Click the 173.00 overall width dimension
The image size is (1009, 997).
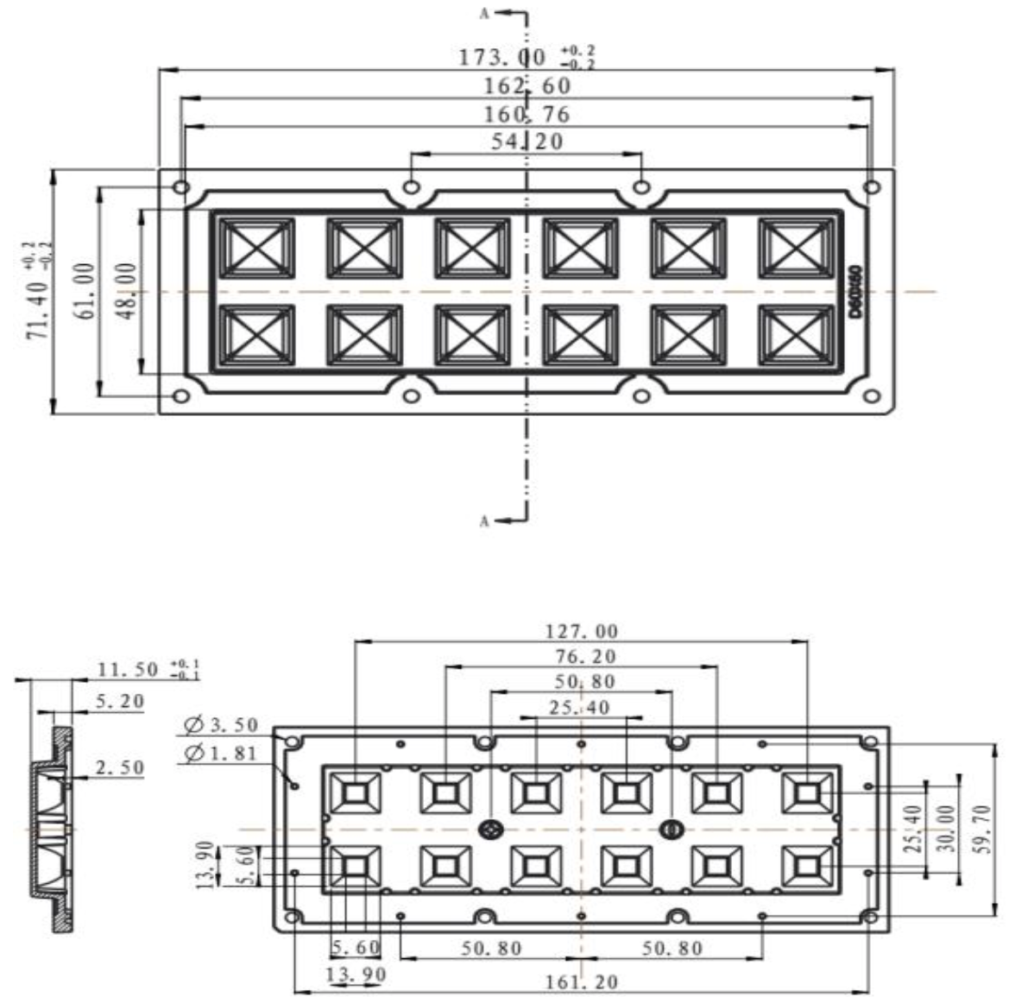point(502,57)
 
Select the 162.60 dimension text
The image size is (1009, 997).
point(527,85)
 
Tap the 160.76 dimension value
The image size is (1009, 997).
point(527,114)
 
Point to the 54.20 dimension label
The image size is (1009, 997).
point(527,141)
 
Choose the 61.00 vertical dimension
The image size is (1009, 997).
point(86,291)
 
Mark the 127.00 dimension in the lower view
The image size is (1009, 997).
point(582,631)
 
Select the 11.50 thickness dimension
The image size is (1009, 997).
point(128,669)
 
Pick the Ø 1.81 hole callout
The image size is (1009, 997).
point(221,753)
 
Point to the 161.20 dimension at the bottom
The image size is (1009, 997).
point(581,981)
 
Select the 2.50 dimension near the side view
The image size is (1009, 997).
point(120,767)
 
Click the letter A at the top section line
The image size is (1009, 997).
point(486,14)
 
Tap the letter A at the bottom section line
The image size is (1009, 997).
point(485,521)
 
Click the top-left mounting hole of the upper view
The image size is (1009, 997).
point(181,186)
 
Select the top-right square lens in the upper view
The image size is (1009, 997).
point(796,248)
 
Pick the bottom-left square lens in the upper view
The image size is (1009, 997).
point(256,335)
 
